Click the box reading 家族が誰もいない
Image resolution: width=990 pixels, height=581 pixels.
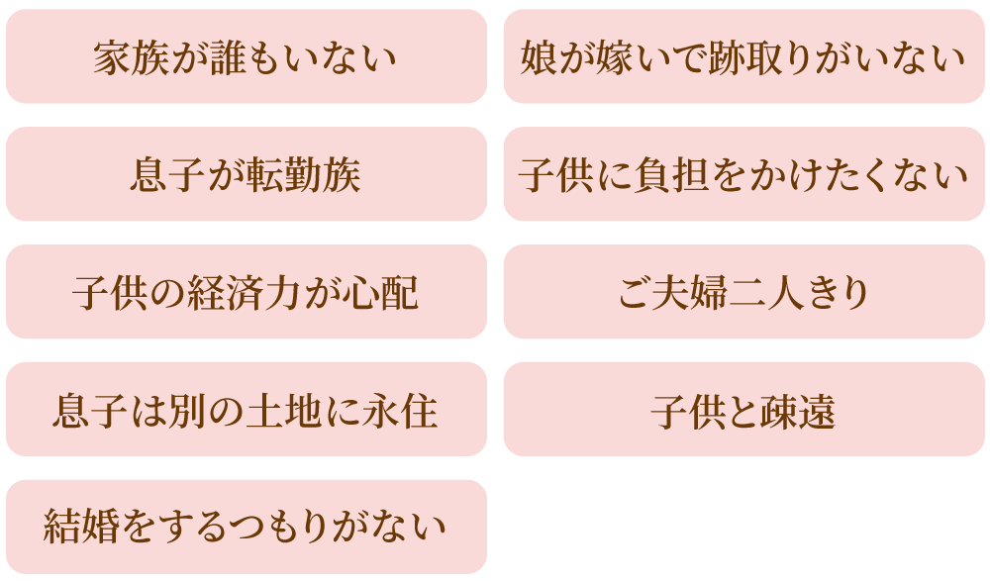(x=246, y=57)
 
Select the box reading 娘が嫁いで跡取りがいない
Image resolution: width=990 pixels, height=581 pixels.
(x=743, y=57)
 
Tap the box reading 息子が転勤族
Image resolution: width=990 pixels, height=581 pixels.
(x=246, y=175)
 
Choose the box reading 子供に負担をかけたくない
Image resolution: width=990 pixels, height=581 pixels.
(x=743, y=175)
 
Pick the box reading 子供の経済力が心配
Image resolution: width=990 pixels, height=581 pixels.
(x=246, y=293)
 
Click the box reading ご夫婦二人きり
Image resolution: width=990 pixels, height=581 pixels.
(x=743, y=293)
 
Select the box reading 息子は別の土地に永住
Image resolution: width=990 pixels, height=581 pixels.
(x=246, y=410)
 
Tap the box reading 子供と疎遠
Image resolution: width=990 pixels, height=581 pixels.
(x=743, y=410)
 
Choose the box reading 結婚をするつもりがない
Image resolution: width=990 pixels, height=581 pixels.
(x=246, y=527)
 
